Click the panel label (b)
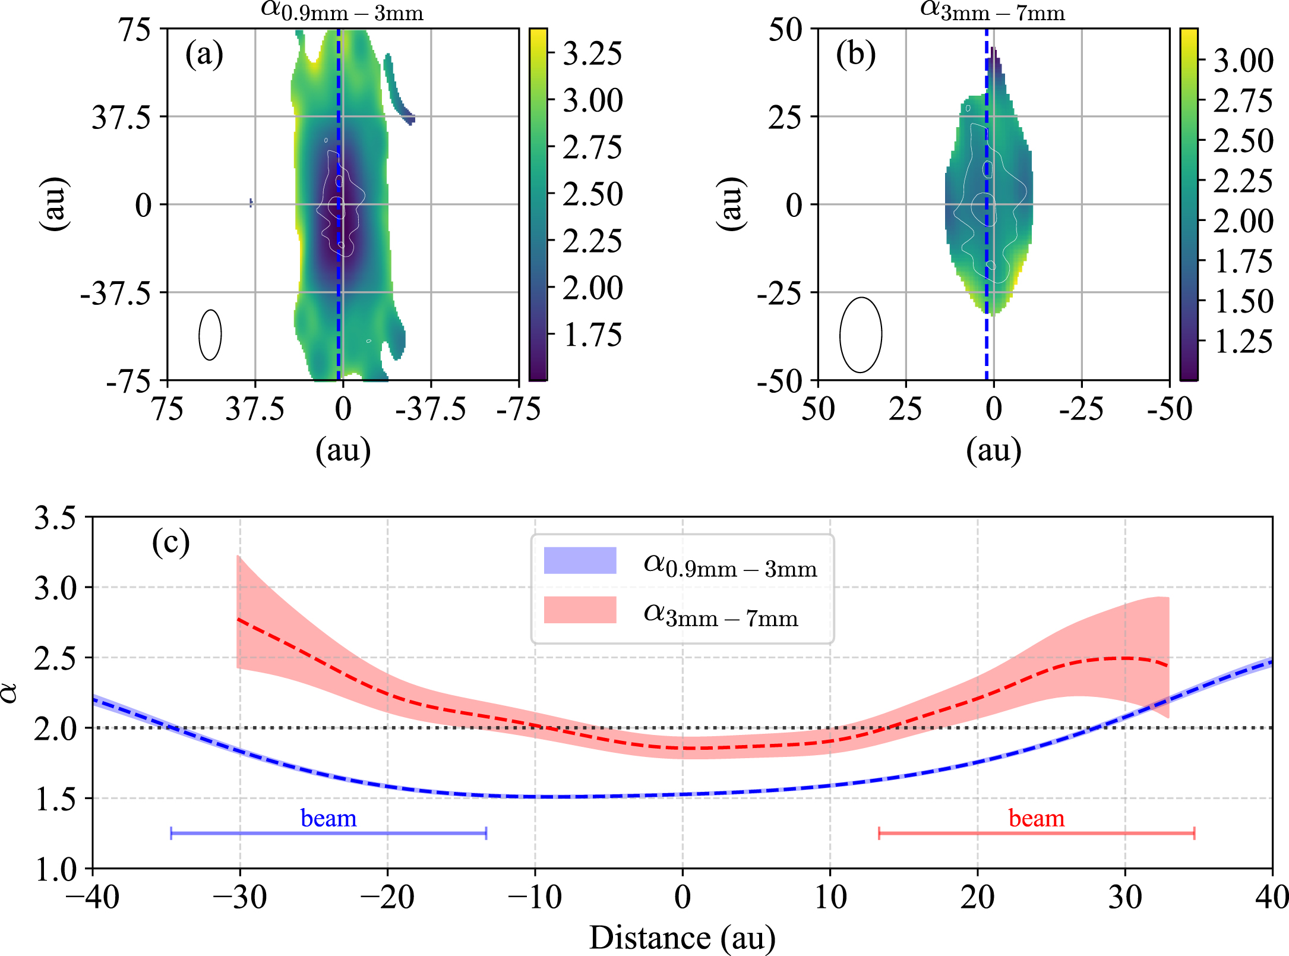[855, 54]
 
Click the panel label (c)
[170, 542]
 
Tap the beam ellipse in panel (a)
[210, 335]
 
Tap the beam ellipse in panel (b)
[860, 335]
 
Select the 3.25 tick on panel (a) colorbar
[592, 53]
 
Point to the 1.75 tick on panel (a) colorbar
[592, 335]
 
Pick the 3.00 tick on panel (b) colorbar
[1243, 61]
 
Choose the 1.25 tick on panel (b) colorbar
[1243, 342]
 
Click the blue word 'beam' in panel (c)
[328, 819]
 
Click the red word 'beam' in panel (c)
[1037, 819]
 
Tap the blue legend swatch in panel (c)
[580, 560]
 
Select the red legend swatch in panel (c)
[580, 610]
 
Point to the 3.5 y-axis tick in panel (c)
[55, 518]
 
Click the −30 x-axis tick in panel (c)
[240, 897]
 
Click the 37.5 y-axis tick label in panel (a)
[121, 117]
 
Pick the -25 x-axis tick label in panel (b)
[1081, 409]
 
